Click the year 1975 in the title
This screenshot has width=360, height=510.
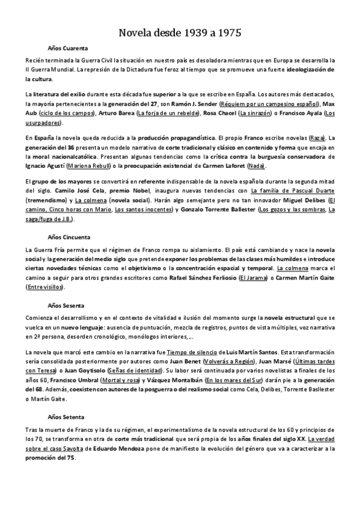[x=228, y=32]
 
